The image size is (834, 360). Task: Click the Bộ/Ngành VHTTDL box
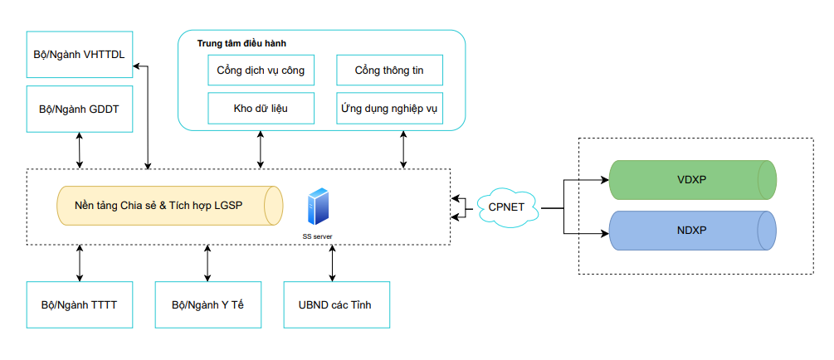pos(80,55)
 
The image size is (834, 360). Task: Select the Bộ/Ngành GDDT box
pos(80,109)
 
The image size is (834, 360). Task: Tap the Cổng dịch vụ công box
pos(261,71)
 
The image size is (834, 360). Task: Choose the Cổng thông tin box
pos(388,71)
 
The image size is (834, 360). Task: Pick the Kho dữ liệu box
pos(261,108)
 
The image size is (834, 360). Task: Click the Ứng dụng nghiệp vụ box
pos(388,108)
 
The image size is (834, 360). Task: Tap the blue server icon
pos(317,207)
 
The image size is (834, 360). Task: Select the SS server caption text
pos(318,236)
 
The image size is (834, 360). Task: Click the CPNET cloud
pos(506,207)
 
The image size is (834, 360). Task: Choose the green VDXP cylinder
pos(692,179)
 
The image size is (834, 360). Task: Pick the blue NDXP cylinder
pos(692,231)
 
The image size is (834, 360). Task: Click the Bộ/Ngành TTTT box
pos(80,304)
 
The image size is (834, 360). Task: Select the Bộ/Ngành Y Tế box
pos(207,304)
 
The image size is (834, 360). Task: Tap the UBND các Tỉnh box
pos(334,304)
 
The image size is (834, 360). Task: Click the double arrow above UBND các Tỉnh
pos(333,263)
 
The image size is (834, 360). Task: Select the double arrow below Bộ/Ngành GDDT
pos(80,150)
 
